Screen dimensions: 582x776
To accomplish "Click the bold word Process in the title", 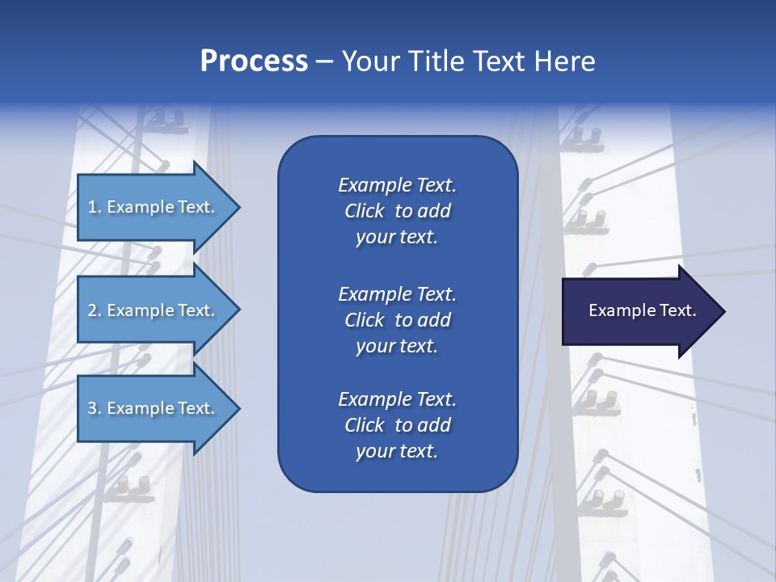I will pyautogui.click(x=254, y=61).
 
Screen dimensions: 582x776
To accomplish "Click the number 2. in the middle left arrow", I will pyautogui.click(x=94, y=310).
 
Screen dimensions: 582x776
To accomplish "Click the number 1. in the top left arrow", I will pyautogui.click(x=94, y=207).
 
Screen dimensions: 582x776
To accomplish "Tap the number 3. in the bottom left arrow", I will pyautogui.click(x=94, y=408).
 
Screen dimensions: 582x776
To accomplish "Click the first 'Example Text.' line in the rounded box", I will pyautogui.click(x=397, y=185).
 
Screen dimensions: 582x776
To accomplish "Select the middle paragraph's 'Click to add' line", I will pyautogui.click(x=397, y=320).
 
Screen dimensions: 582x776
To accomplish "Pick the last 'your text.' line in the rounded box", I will pyautogui.click(x=397, y=452).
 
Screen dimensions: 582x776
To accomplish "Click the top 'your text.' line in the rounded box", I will pyautogui.click(x=397, y=238).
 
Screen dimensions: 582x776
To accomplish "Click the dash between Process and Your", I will pyautogui.click(x=324, y=62).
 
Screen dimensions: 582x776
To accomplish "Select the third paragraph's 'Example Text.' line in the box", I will pyautogui.click(x=397, y=399).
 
